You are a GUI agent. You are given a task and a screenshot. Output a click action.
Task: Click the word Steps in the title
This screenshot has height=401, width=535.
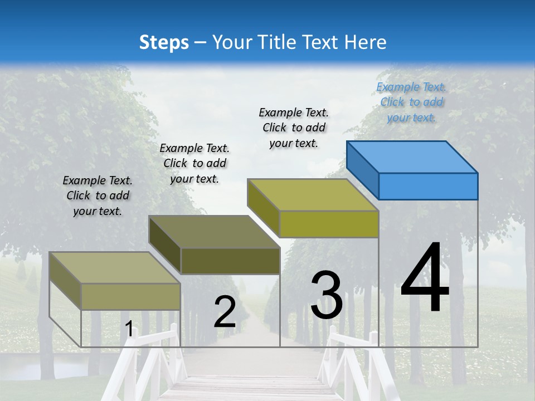pos(164,42)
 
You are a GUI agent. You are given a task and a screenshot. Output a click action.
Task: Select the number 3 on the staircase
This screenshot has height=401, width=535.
pos(327,295)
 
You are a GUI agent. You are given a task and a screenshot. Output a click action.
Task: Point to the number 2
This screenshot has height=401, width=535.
pos(225,312)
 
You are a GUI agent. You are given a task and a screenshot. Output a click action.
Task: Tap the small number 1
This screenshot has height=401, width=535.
pos(129,329)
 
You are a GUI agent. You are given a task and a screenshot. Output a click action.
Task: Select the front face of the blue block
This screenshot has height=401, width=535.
pos(428,186)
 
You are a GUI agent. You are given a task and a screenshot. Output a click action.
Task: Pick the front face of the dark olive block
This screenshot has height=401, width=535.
pos(230,261)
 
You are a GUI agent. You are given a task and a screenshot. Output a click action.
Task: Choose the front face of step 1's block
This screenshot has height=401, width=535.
pos(130,296)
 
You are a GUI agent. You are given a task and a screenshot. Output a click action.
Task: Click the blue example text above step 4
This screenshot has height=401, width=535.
pos(411,102)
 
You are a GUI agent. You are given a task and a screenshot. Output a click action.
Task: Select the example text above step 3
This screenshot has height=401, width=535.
pos(294,128)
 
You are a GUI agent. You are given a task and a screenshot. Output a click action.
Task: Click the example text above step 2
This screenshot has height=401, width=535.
pos(194,163)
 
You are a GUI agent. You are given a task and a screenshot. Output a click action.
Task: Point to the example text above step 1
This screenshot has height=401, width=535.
pos(98,195)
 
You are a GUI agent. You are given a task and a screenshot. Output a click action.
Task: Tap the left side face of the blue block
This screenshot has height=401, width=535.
pos(362,167)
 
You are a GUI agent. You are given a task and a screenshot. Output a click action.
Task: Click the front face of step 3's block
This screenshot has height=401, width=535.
pos(329,224)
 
